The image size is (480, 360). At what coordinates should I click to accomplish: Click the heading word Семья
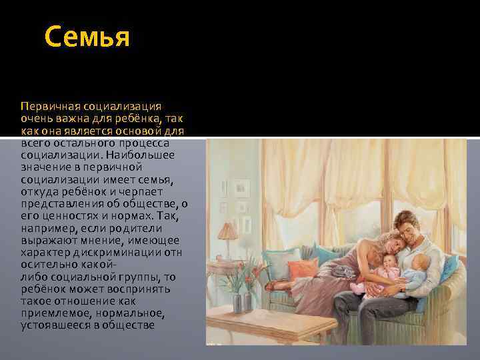[x=87, y=37]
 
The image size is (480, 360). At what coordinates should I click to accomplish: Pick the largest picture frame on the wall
[x=243, y=187]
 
